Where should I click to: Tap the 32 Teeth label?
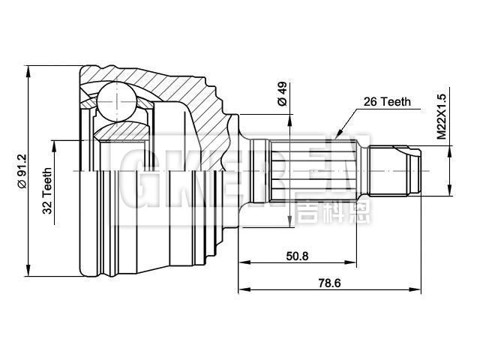tap(47, 190)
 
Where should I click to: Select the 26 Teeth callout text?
tap(386, 101)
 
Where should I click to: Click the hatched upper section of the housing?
tap(172, 86)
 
